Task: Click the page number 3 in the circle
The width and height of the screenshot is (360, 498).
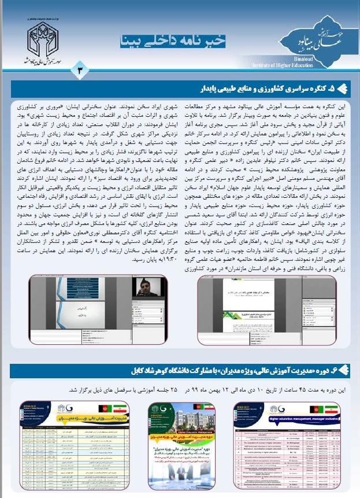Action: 80,69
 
